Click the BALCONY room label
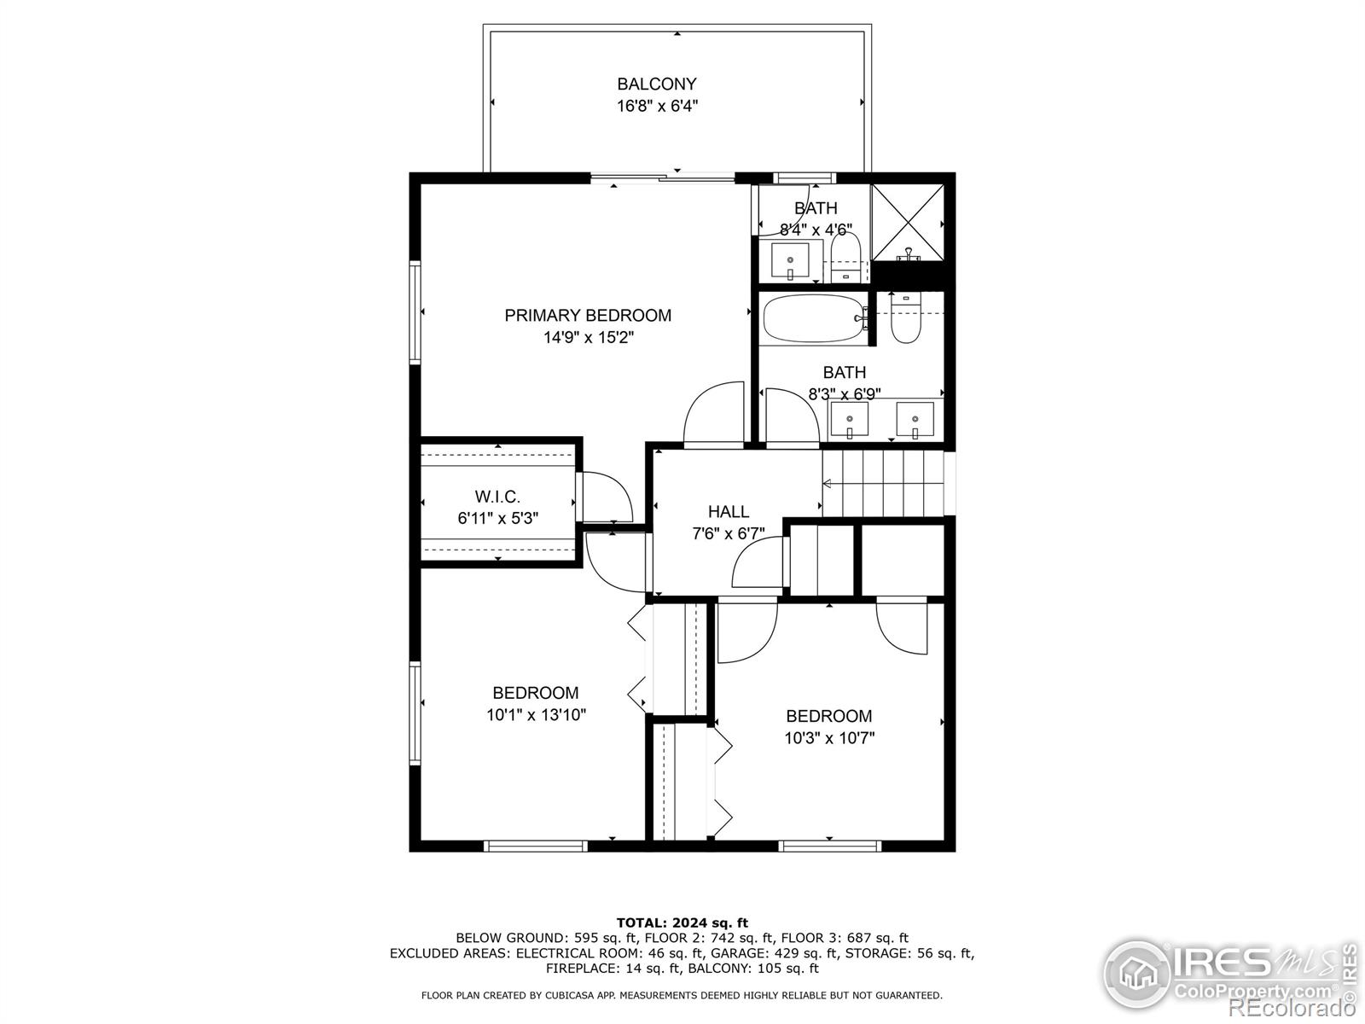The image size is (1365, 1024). (x=657, y=84)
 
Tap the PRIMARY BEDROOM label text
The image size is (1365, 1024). (x=588, y=316)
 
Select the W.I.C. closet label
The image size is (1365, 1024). (x=497, y=497)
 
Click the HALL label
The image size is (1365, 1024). (x=728, y=511)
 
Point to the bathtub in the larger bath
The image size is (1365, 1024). (x=813, y=318)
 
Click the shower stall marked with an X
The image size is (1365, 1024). (x=907, y=222)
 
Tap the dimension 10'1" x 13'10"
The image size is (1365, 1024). (x=536, y=715)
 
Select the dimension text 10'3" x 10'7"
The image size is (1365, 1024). (x=829, y=738)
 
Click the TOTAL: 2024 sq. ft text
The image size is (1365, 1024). (x=682, y=922)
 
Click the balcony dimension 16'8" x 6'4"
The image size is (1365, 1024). (x=657, y=107)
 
